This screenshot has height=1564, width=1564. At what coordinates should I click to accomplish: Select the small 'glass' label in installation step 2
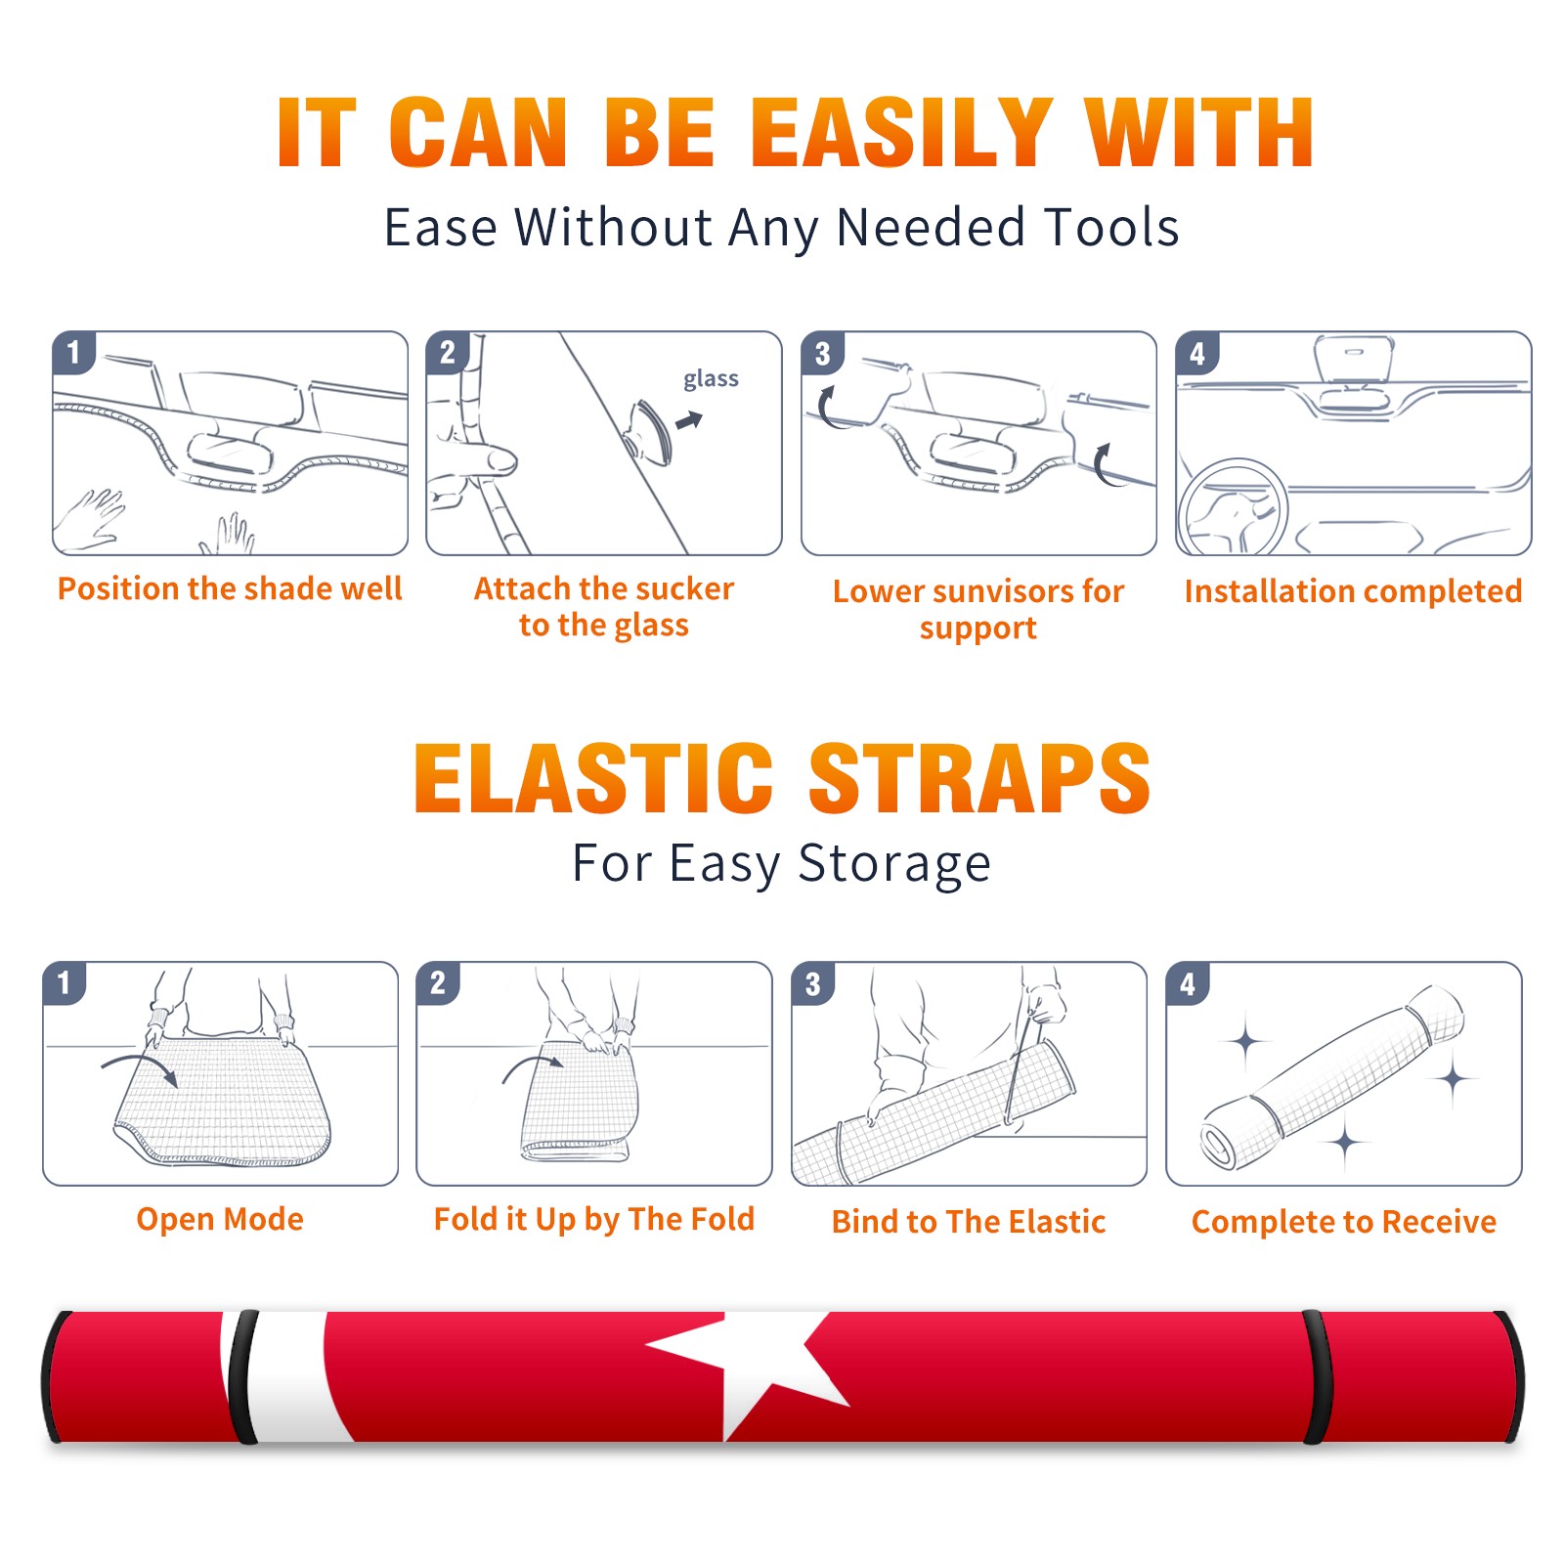click(x=711, y=379)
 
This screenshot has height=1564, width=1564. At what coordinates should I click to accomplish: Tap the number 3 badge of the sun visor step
click(x=822, y=353)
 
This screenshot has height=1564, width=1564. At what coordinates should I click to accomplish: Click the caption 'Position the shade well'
click(x=230, y=588)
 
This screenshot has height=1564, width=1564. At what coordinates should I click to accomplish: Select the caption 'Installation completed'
click(x=1353, y=590)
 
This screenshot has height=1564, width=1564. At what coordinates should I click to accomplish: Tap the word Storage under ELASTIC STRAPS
click(x=894, y=863)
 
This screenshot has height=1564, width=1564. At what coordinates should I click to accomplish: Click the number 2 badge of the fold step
click(x=438, y=982)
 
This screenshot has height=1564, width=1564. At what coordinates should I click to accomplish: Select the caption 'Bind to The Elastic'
click(x=968, y=1221)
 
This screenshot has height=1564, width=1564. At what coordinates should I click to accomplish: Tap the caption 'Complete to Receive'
click(x=1343, y=1221)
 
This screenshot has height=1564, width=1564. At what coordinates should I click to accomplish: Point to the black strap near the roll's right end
click(x=1316, y=1377)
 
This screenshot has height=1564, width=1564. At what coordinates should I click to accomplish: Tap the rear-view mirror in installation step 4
click(x=1354, y=359)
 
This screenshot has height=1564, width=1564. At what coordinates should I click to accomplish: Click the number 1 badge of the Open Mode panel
click(x=65, y=982)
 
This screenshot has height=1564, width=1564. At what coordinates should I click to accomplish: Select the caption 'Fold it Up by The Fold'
click(x=594, y=1219)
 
